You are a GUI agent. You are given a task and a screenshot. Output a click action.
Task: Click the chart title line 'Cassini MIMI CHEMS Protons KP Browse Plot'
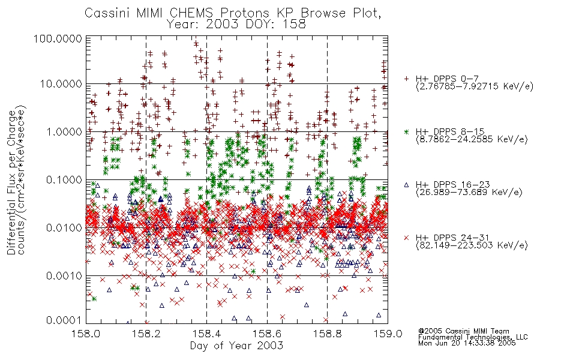pyautogui.click(x=233, y=13)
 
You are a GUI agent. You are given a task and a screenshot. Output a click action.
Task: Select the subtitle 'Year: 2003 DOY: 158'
pyautogui.click(x=236, y=24)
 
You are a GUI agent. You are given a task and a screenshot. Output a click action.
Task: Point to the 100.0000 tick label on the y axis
pyautogui.click(x=58, y=38)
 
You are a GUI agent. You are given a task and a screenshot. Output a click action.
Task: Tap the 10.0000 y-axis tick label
pyautogui.click(x=61, y=84)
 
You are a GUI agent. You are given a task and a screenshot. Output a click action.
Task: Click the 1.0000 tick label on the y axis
pyautogui.click(x=64, y=131)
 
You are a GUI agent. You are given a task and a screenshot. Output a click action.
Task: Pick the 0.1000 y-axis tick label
pyautogui.click(x=64, y=179)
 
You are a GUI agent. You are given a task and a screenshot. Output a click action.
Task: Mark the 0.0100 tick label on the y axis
pyautogui.click(x=64, y=228)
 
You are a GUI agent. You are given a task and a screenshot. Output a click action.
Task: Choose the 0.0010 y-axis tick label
pyautogui.click(x=64, y=276)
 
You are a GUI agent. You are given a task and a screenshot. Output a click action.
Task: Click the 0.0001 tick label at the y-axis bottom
pyautogui.click(x=64, y=320)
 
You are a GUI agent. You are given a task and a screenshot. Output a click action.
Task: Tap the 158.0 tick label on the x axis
pyautogui.click(x=86, y=334)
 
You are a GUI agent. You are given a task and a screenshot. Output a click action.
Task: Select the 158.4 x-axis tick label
pyautogui.click(x=206, y=334)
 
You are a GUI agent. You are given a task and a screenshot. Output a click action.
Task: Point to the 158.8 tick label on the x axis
pyautogui.click(x=327, y=334)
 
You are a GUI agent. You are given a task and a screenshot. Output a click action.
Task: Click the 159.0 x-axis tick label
pyautogui.click(x=388, y=334)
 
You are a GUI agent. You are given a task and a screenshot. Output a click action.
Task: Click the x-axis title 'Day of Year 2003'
pyautogui.click(x=236, y=346)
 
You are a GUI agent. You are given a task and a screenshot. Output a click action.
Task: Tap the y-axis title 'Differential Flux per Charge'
pyautogui.click(x=12, y=182)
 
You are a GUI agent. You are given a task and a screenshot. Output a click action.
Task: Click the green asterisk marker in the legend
pyautogui.click(x=406, y=131)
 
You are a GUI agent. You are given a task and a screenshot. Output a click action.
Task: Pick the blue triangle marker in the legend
pyautogui.click(x=406, y=185)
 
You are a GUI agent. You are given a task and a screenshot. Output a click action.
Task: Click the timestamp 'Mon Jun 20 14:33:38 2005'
pyautogui.click(x=467, y=343)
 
